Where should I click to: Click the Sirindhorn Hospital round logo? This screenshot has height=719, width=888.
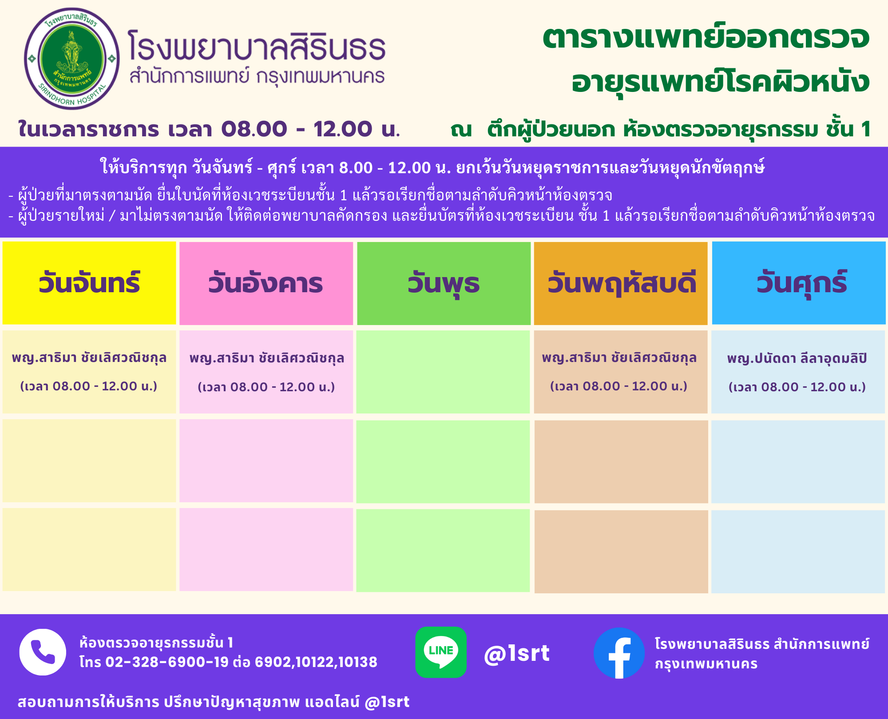[72, 59]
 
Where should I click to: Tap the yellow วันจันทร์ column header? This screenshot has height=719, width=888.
[89, 283]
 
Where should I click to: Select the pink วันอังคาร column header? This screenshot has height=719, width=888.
[266, 283]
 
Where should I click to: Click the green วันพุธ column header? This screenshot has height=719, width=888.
[444, 283]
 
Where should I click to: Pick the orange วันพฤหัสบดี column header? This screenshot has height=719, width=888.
[621, 283]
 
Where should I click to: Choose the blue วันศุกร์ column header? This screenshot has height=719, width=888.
[799, 283]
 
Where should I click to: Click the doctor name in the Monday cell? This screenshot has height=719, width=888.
[89, 358]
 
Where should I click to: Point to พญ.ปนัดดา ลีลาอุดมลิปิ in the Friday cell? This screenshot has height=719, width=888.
[797, 359]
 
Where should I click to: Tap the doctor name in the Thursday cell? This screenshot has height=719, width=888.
[619, 358]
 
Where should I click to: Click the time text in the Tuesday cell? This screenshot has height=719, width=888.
[266, 387]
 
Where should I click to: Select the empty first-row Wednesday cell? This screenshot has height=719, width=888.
[443, 372]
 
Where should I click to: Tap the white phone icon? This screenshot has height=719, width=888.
[43, 652]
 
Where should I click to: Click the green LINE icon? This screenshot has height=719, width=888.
[441, 652]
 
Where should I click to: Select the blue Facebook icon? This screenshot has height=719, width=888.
[619, 653]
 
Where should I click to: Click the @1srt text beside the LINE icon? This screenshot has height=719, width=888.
[517, 653]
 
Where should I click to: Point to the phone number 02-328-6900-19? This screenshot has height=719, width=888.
[167, 662]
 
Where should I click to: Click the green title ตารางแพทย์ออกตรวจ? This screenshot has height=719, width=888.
[706, 38]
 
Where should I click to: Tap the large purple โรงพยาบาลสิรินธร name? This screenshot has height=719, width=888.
[257, 45]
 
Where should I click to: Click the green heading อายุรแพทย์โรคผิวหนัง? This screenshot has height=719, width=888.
[721, 82]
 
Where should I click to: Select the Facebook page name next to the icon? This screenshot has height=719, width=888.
[762, 654]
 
